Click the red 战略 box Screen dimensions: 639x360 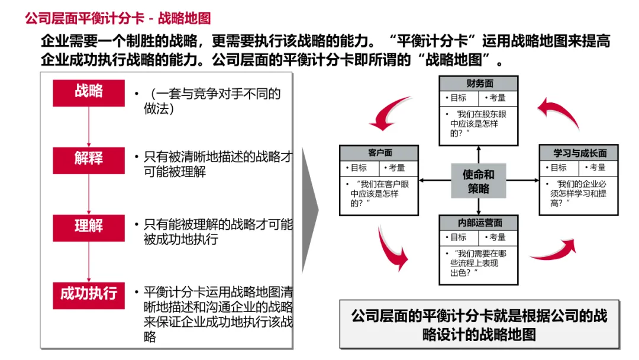(89, 92)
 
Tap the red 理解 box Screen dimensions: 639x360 (89, 227)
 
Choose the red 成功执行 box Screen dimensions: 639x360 (89, 294)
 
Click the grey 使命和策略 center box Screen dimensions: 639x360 (479, 181)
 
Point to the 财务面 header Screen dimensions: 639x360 (478, 83)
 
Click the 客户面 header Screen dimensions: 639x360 (380, 153)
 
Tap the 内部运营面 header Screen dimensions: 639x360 (478, 223)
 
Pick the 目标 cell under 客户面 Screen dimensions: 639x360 (359, 168)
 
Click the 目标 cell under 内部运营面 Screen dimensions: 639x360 (459, 237)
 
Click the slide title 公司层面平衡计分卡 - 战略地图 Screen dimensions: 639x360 (118, 18)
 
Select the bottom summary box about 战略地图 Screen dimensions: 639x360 (479, 324)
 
